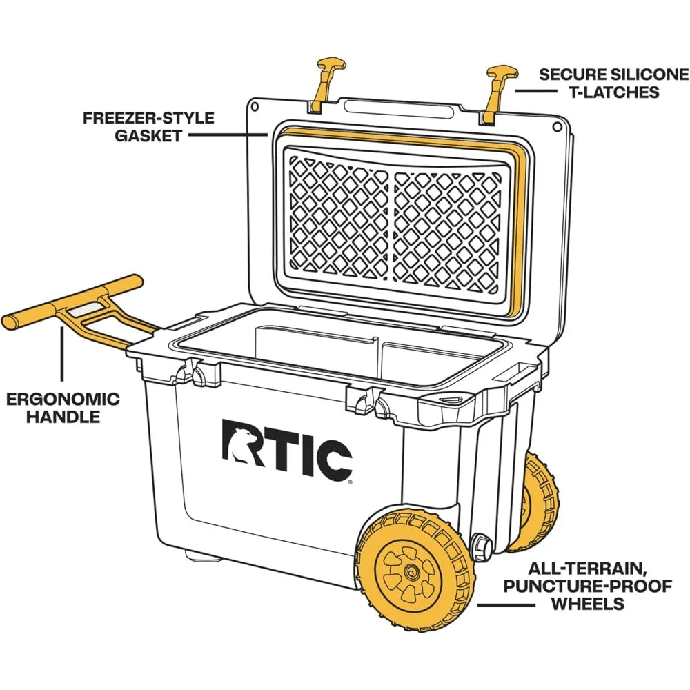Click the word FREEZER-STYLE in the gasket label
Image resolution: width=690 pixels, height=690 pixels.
148,118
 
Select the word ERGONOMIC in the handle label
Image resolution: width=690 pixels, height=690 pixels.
63,400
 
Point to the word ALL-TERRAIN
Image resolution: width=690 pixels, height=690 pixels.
591,570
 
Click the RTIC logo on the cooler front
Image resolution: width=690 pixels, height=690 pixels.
286,448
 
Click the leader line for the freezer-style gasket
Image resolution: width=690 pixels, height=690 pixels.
228,135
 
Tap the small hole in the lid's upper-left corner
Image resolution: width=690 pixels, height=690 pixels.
255,108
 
